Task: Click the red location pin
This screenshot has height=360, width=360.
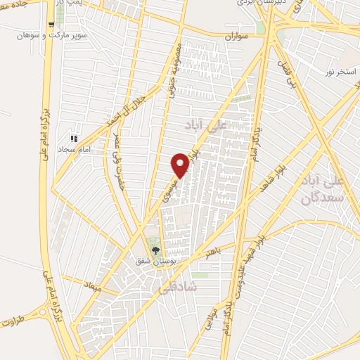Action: (x=181, y=165)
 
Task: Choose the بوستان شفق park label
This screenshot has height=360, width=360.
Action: (x=155, y=260)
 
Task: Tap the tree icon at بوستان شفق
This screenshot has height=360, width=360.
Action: (x=155, y=250)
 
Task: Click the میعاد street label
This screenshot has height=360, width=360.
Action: (x=93, y=288)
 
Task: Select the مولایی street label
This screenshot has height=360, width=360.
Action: (x=210, y=319)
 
